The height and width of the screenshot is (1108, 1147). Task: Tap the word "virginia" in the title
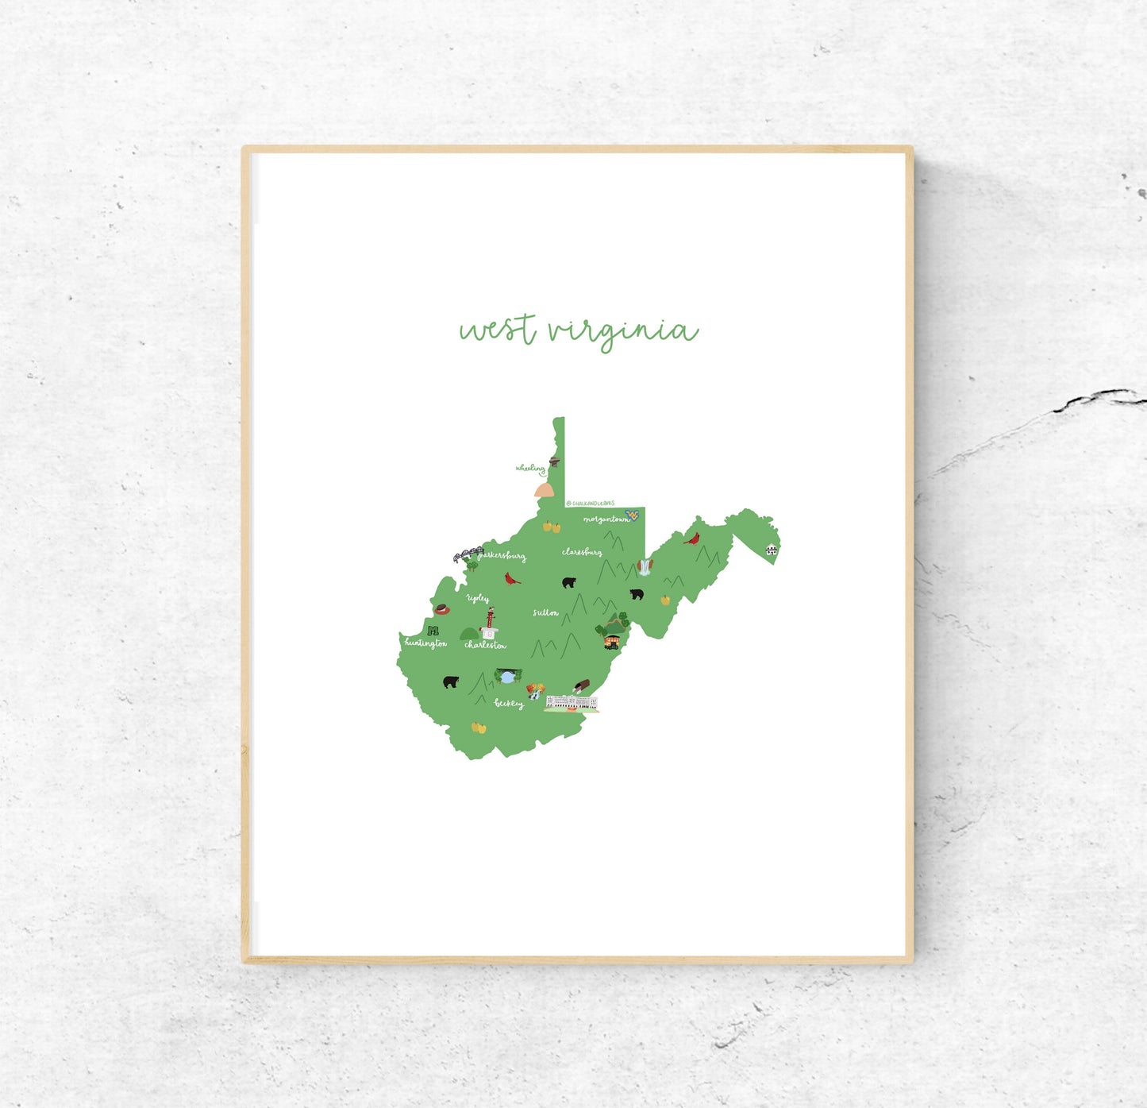coord(623,331)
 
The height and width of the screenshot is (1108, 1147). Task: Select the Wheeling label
coord(529,469)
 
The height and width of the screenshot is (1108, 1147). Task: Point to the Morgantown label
coord(606,519)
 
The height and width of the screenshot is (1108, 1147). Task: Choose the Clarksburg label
coord(581,552)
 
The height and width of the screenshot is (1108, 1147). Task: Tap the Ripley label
coord(478,598)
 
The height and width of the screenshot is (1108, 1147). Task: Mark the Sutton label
coord(545,613)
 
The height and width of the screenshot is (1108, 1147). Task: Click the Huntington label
coord(425,643)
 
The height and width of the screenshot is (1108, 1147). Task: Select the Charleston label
coord(485,646)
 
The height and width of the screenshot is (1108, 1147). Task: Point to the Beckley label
coord(509,703)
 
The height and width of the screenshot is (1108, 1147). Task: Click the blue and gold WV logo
coord(633,515)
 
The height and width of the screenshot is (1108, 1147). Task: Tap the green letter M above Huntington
coord(433,630)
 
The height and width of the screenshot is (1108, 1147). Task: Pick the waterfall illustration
coord(645,566)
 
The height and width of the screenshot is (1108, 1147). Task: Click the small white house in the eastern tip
coord(771,550)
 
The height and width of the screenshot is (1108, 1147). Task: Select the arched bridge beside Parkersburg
coord(468,554)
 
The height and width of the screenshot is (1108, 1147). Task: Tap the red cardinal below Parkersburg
coord(514,578)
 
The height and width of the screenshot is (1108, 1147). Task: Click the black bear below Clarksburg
coord(568,583)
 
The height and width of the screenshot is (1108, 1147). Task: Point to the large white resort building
coord(572,702)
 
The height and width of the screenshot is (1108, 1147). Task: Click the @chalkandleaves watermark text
coord(591,503)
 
